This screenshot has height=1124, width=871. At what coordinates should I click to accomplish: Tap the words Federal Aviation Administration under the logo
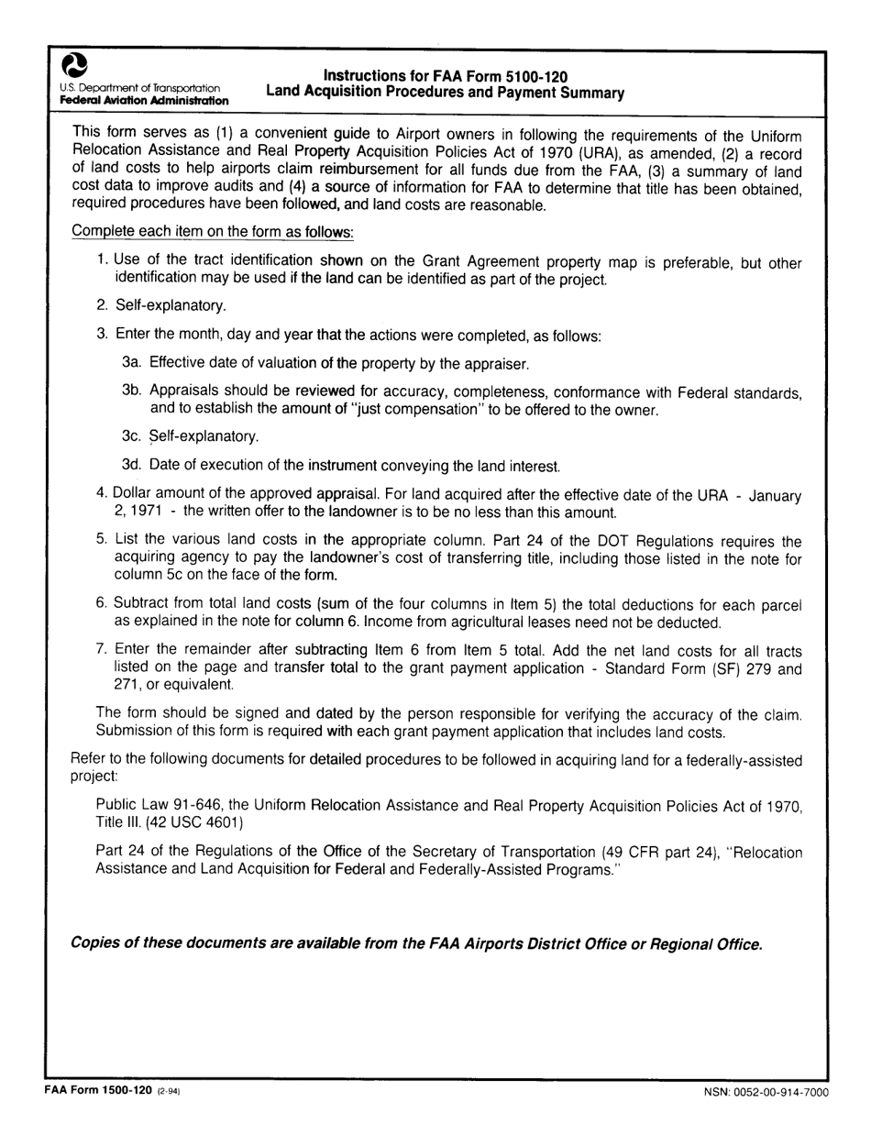(145, 100)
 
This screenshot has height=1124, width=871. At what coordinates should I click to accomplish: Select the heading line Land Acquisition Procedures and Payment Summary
(445, 93)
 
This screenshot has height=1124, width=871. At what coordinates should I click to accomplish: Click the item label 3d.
(132, 465)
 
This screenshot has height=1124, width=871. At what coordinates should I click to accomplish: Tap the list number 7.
(102, 648)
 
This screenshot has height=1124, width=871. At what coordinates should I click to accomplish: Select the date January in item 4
(775, 495)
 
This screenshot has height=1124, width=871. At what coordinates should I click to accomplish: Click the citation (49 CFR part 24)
(660, 852)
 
